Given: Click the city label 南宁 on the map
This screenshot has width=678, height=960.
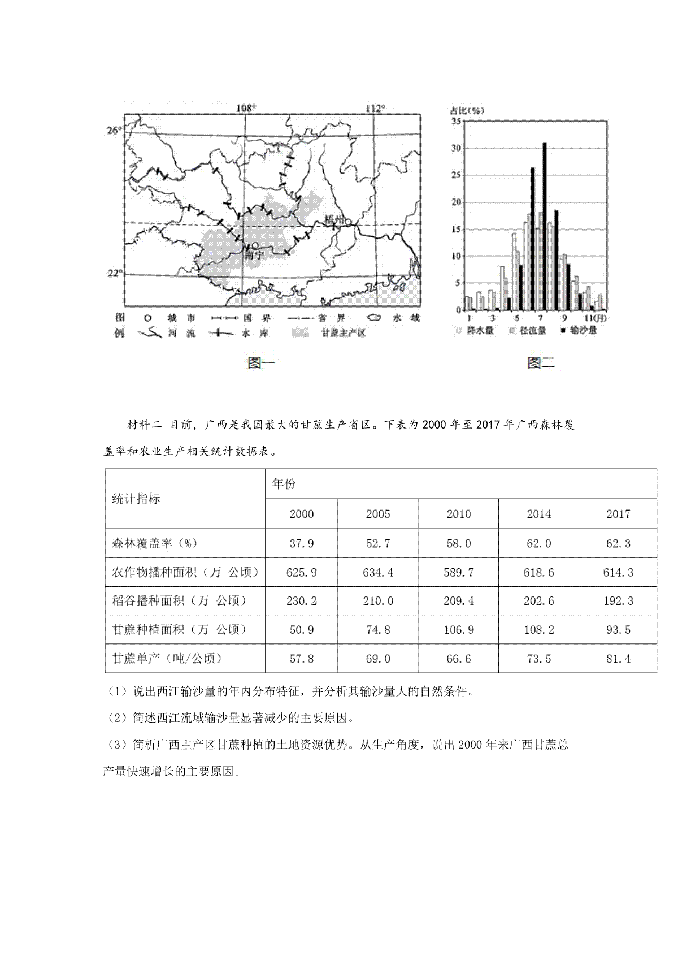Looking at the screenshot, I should [255, 255].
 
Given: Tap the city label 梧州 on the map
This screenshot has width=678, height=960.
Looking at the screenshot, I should [334, 219].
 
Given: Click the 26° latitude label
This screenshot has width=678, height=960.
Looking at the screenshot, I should [114, 131].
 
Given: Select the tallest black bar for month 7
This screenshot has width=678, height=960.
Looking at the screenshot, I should [545, 226].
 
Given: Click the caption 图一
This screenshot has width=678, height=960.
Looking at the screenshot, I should [262, 362].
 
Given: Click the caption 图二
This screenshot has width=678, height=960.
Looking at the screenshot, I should [541, 362].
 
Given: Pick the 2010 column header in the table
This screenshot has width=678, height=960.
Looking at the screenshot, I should [458, 514].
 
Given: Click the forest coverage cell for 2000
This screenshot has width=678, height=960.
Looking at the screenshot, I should [302, 544].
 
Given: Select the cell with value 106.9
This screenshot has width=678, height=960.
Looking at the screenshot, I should [458, 630].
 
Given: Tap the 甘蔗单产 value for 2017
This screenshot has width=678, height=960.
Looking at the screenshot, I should [618, 659].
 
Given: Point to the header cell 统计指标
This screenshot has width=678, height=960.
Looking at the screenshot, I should [136, 499].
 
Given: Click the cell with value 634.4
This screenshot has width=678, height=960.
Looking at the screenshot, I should [378, 573].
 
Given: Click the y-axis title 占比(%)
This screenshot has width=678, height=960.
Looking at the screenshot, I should [467, 110].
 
